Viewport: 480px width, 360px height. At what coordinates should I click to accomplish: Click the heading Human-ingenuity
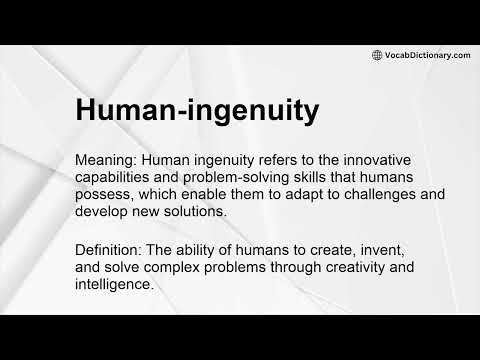point(197,109)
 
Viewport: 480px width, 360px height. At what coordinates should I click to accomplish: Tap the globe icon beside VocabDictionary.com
point(377,55)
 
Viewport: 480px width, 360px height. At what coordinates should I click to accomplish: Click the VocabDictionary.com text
point(427,55)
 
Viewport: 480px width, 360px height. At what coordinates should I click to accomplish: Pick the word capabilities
point(118,177)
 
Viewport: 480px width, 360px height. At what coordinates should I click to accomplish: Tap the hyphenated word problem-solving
point(248,177)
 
